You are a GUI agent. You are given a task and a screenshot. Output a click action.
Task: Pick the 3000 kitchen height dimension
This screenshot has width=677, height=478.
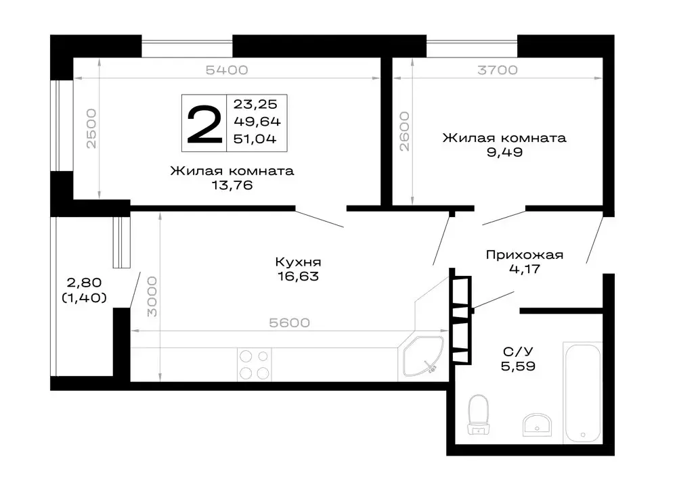point(153,296)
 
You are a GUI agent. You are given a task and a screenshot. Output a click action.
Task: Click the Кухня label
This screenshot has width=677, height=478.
point(297,262)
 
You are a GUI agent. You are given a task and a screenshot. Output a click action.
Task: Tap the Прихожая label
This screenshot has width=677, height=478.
point(525,256)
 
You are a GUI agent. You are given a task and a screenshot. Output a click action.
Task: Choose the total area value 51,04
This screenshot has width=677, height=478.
point(257,139)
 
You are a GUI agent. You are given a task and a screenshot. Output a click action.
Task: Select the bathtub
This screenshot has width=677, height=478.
point(582,390)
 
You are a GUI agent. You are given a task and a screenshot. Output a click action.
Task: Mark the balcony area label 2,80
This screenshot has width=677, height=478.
point(79,283)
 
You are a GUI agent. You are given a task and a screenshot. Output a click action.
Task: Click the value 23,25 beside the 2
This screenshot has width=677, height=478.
point(257,104)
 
